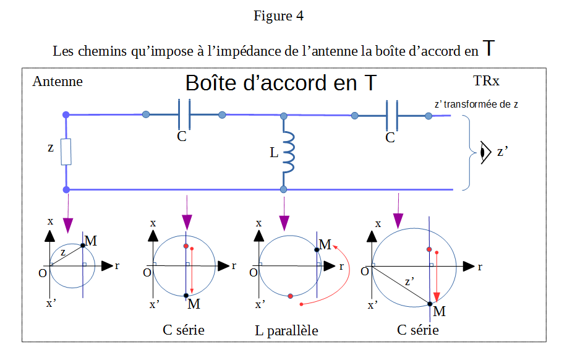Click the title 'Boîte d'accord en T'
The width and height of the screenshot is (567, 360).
280,84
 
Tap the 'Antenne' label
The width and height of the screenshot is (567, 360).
57,82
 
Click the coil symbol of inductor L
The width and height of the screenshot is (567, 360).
288,152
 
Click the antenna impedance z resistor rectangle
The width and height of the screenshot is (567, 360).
66,151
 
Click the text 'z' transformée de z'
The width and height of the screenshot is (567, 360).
476,105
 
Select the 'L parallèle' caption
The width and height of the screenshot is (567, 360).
286,331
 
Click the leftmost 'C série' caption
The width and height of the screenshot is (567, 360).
184,330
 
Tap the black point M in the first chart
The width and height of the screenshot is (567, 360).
83,246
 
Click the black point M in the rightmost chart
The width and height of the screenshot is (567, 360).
430,303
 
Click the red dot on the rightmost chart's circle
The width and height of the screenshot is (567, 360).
430,249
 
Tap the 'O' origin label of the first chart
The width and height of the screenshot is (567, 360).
43,273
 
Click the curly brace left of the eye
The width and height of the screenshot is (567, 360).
471,151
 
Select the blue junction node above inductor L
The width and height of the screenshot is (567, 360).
284,116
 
